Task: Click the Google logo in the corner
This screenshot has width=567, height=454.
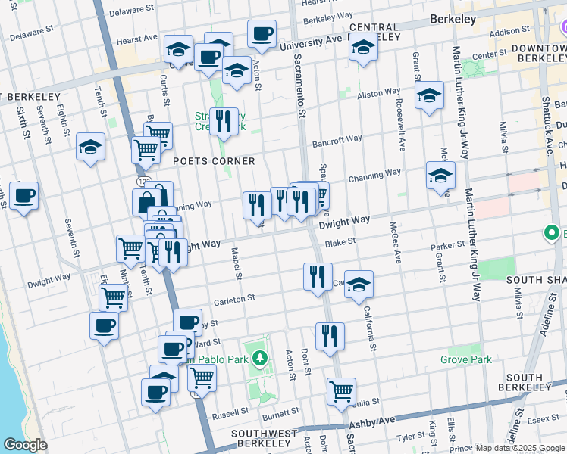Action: pos(26,445)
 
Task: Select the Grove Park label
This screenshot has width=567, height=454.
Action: pos(469,360)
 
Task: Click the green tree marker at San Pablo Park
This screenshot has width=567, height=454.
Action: pos(260,357)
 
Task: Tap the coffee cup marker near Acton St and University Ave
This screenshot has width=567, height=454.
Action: pos(262,34)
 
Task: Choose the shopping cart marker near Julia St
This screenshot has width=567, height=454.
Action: pos(341,391)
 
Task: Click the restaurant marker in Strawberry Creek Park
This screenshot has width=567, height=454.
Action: pos(223,121)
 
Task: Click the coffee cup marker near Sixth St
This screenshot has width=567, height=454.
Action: pos(23,196)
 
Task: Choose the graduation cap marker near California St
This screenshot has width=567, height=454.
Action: pos(359,284)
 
